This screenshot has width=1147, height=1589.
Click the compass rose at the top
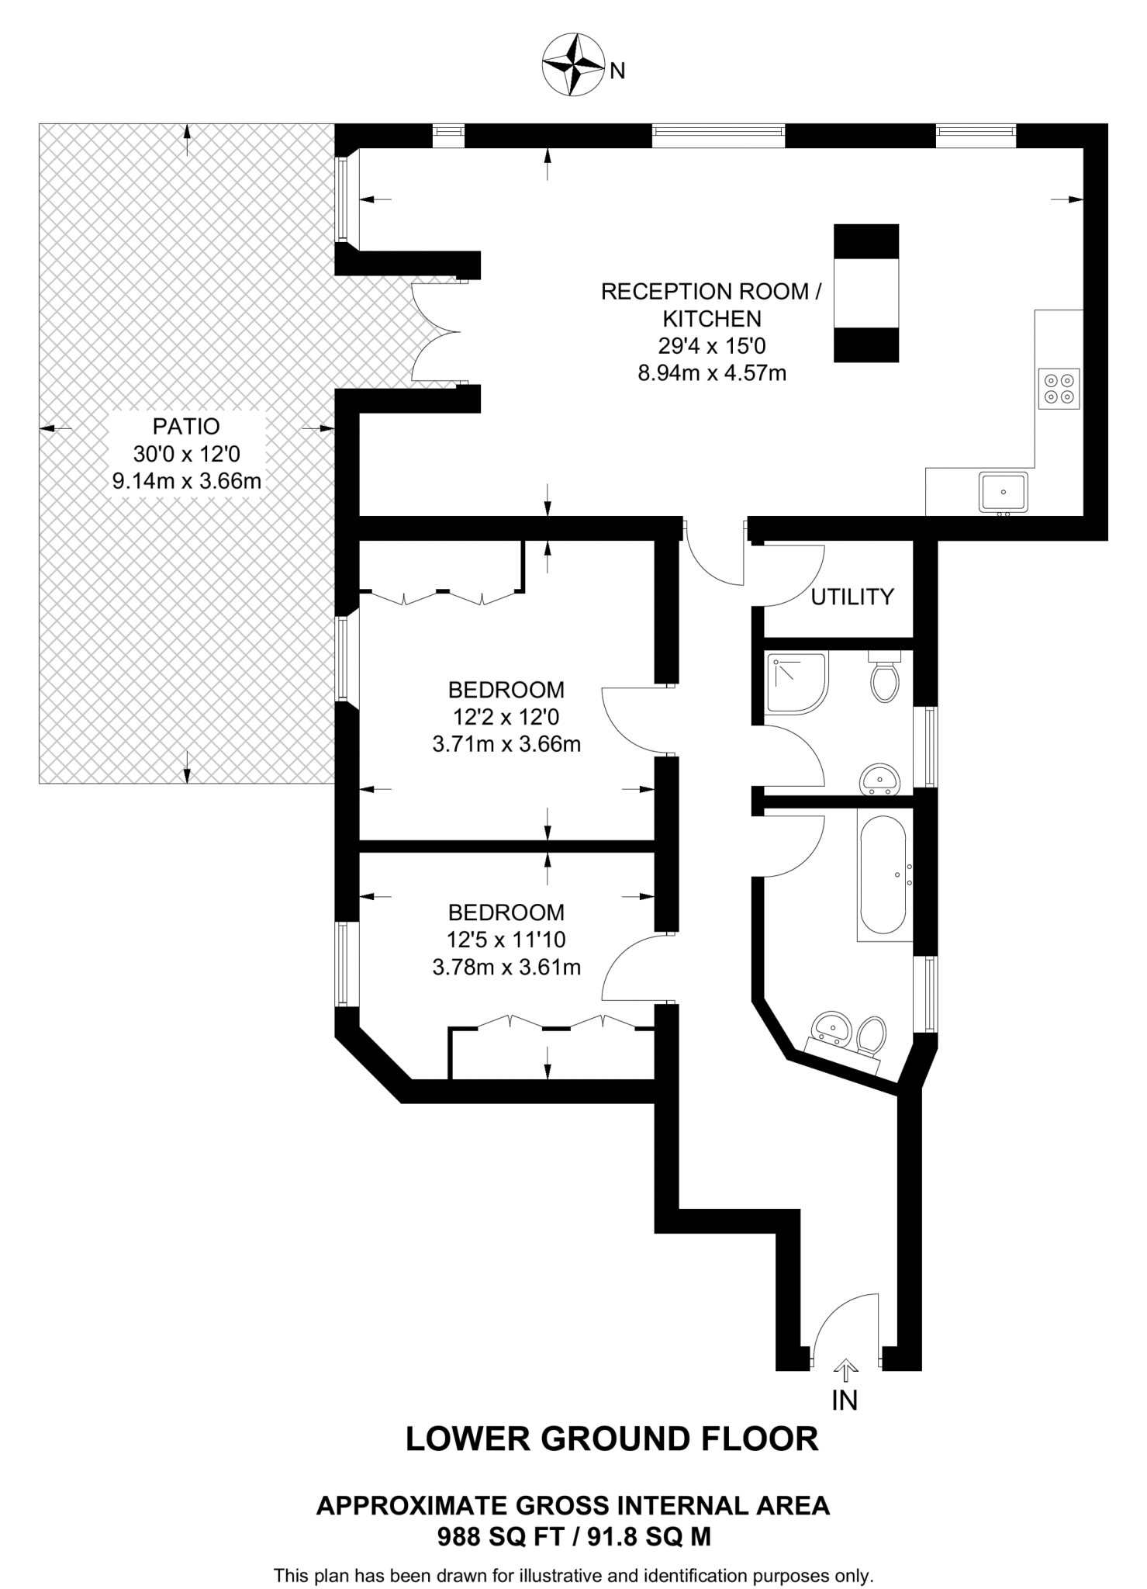573,65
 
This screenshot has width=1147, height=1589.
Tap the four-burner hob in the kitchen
1059,388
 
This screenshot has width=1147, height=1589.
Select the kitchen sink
1003,492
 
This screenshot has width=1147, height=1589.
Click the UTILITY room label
852,597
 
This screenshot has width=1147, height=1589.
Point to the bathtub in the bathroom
884,874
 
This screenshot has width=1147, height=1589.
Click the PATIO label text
186,427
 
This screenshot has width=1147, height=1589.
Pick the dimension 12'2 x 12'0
506,717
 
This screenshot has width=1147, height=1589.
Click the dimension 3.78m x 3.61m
506,968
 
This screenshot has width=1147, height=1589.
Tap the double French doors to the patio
437,331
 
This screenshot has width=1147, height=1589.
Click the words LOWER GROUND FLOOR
612,1438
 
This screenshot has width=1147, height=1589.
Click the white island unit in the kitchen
866,293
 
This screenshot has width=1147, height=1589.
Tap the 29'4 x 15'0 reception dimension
711,345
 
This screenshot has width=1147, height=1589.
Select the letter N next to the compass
617,71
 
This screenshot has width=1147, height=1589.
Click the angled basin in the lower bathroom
831,1027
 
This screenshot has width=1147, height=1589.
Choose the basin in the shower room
881,778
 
